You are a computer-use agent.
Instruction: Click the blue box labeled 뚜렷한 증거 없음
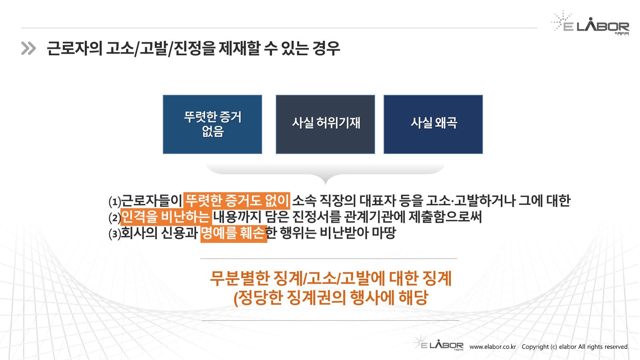coord(212,124)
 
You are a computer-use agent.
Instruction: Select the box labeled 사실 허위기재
coord(325,124)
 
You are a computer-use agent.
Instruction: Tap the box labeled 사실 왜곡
coord(433,124)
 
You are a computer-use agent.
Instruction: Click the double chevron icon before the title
coord(28,48)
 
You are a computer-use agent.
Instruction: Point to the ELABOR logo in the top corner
coord(590,23)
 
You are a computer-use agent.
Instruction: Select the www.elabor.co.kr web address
coord(492,347)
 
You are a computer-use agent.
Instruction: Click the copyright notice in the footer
coord(575,347)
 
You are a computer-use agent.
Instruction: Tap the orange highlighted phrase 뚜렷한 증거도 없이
coord(237,200)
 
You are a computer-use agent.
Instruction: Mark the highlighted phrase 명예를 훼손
coord(234,234)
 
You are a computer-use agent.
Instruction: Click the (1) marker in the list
coord(115,202)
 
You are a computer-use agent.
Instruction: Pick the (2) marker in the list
coord(115,218)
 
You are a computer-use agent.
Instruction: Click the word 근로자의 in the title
coord(74,48)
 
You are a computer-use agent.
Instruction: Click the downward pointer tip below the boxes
coord(326,184)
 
